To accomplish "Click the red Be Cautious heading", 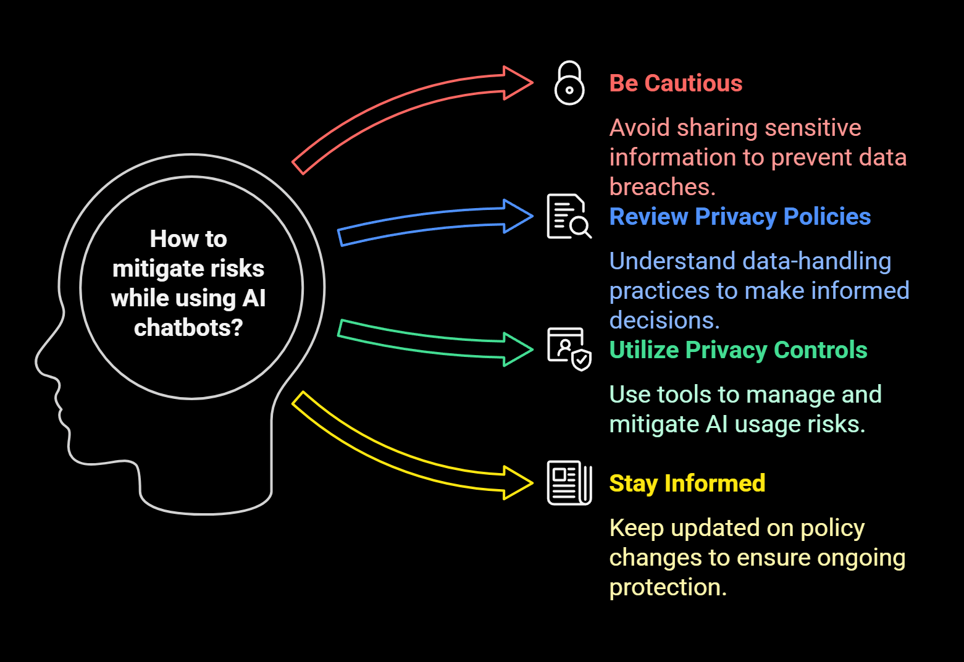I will (676, 83).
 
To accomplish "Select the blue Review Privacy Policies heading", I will (740, 217).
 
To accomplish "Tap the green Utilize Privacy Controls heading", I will (738, 350).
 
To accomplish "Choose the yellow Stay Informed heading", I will (687, 484).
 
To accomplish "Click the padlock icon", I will (569, 83).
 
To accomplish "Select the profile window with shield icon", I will (569, 349).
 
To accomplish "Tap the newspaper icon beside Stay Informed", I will (569, 483).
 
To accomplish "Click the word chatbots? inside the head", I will (188, 328).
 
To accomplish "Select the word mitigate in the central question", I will (151, 269).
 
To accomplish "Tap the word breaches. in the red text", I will (662, 187).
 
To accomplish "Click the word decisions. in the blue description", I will (664, 321).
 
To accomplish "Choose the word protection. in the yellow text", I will (668, 587).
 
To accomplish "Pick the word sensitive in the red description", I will (813, 128).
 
